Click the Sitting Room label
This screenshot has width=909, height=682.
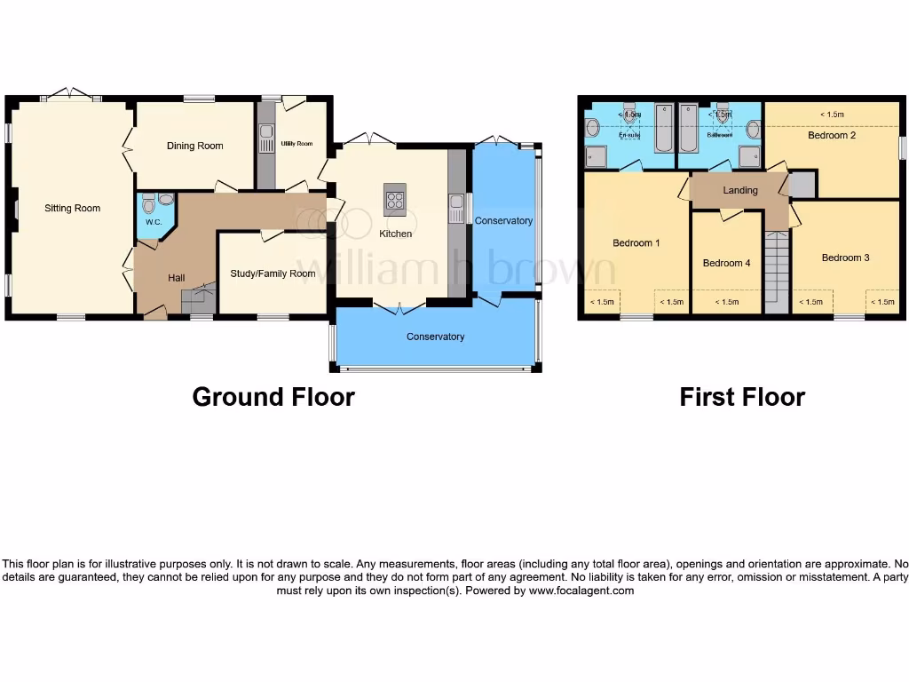pos(73,209)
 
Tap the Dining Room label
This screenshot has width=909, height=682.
pos(194,146)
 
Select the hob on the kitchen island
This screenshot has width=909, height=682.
pos(395,200)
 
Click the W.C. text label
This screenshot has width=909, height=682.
pos(152,222)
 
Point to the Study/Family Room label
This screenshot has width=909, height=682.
pos(273,274)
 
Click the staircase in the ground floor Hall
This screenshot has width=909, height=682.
pos(199,297)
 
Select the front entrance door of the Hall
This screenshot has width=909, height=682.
pos(156,312)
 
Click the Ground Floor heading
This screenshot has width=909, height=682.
pos(273,397)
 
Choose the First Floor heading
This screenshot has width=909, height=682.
pos(742,397)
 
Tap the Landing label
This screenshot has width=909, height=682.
pos(740,190)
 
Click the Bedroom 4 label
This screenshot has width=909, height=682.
pos(726,263)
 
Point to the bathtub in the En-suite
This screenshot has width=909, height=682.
pos(663,131)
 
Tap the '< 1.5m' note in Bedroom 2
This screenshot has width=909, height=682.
pos(832,115)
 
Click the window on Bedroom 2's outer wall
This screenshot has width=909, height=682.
pos(900,147)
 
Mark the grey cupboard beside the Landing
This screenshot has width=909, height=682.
pos(802,185)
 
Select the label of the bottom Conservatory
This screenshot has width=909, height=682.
pos(435,337)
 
